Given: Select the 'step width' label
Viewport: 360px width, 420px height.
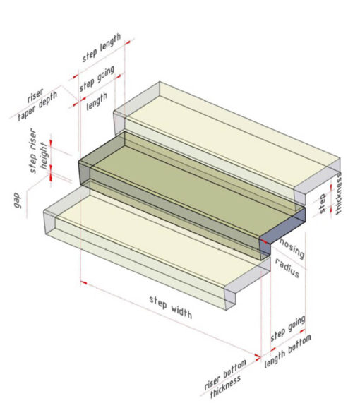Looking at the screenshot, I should (171, 306).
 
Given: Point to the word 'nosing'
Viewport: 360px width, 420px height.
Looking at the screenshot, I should (292, 246).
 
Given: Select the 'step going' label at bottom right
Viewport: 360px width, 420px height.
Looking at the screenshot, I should (288, 328).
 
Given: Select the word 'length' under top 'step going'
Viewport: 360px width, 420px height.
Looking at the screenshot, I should (97, 102).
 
